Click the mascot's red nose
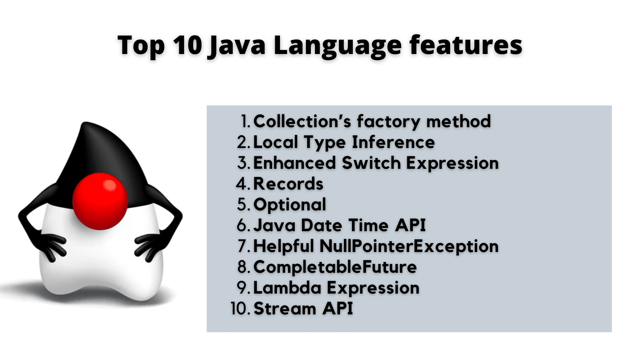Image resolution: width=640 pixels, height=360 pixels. (x=100, y=201)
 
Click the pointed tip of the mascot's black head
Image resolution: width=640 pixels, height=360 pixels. (x=84, y=124)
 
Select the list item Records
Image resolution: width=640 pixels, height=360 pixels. (x=288, y=184)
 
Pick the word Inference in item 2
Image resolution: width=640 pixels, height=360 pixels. (x=394, y=142)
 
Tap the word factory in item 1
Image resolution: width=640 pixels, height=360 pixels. (x=388, y=122)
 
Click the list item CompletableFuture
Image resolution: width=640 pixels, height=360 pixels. (x=335, y=267)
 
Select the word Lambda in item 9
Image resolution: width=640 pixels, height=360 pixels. (x=287, y=288)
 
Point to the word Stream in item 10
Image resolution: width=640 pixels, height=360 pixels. (x=285, y=308)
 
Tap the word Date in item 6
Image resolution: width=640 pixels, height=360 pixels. (x=322, y=226)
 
